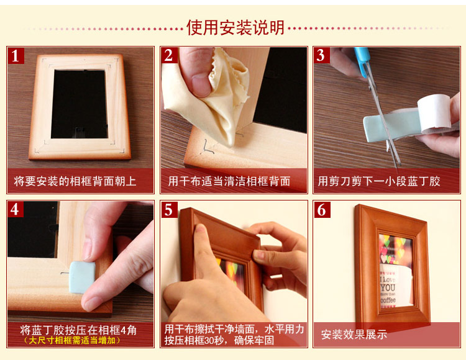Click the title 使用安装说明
pos(235,27)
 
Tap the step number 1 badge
pos(16,55)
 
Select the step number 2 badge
pos(169,55)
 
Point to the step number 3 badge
pos(322,55)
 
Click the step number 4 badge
pos(16,210)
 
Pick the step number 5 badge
pos(169,210)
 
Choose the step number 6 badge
pos(322,210)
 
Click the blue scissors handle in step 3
pos(363,61)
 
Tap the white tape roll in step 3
pos(434,114)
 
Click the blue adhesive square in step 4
pos(82,277)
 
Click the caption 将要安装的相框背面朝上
pos(75,181)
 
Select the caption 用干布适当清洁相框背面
pos(229,181)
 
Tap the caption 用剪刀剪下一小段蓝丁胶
pos(379,181)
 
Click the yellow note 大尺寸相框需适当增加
pos(72,340)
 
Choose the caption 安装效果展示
pos(354,335)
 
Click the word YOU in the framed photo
pos(388,287)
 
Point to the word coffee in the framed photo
pos(388,300)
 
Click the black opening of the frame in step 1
pos(80,104)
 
